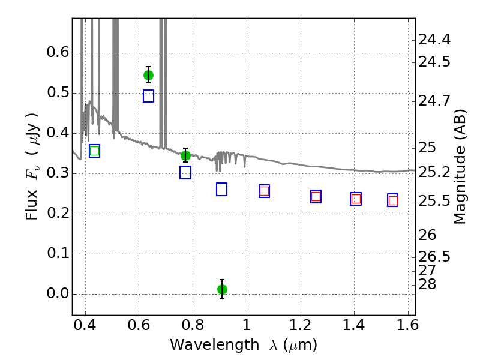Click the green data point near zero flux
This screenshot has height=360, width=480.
pos(222,289)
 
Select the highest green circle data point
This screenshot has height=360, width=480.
pos(148,75)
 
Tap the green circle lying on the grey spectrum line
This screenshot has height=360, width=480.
pos(185,156)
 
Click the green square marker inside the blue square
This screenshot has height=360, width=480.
pos(95,151)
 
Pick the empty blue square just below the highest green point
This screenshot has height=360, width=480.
pos(148,96)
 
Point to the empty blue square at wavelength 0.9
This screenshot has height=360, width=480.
pos(221,189)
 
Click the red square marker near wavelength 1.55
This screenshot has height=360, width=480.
pos(393,201)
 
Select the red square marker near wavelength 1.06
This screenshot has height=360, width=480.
pos(264,191)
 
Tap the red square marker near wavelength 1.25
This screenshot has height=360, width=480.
pos(316,196)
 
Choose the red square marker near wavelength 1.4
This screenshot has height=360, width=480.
pos(356,199)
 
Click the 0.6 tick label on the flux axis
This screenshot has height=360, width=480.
pos(58,52)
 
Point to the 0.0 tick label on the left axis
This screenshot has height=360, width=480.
pos(58,293)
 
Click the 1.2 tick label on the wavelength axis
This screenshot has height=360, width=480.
pos(301,325)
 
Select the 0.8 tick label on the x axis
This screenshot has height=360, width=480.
pos(193,325)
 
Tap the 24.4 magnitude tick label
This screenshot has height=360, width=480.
pos(434,40)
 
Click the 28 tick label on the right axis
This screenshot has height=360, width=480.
pos(427,284)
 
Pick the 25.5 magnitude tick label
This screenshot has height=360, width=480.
pos(434,201)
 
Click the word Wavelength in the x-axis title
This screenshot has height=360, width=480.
pos(215,345)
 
